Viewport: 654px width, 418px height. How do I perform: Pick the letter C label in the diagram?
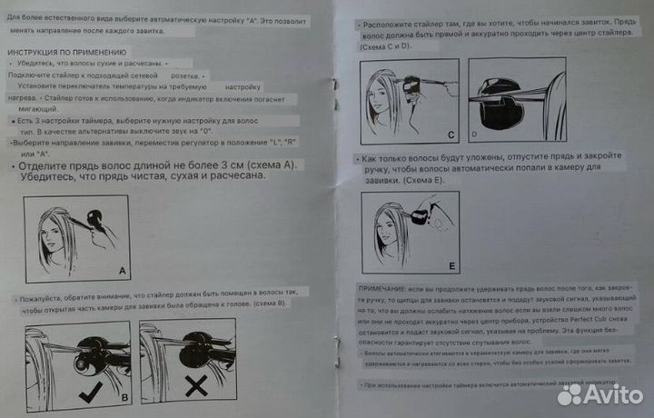[451, 134]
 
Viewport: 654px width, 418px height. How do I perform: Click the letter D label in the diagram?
[474, 134]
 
